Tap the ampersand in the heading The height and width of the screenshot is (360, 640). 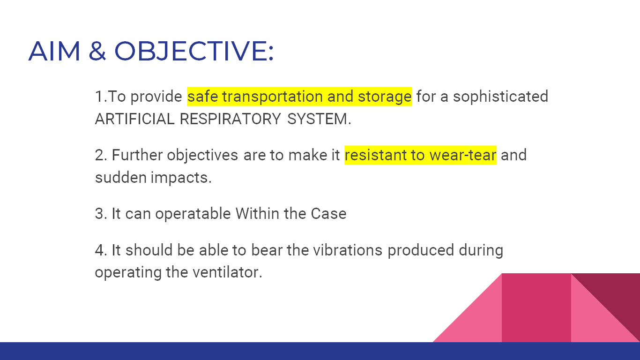(97, 51)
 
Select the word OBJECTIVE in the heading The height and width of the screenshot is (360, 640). (193, 51)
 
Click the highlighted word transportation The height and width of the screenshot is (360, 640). (272, 97)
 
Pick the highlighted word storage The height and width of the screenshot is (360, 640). (385, 97)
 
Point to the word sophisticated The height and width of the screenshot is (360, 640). (500, 97)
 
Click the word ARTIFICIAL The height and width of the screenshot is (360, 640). (134, 119)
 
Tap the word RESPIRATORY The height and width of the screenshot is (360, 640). (230, 119)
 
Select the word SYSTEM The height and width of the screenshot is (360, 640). (319, 119)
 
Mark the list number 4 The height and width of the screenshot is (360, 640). (100, 250)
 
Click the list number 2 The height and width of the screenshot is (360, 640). (100, 155)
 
